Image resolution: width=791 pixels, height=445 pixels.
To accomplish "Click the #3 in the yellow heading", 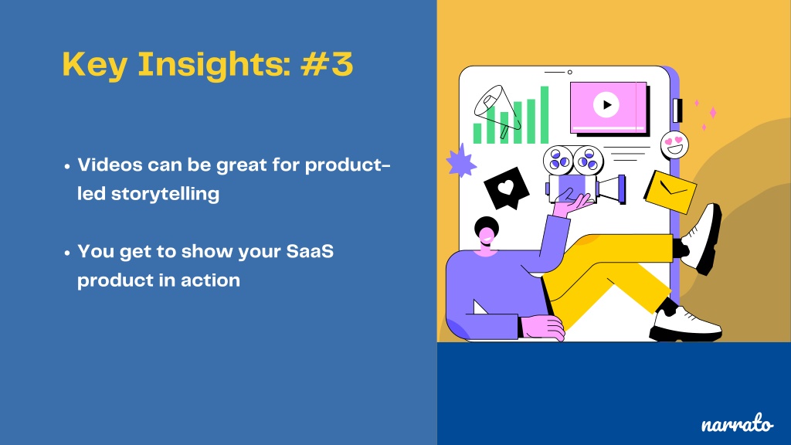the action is coord(327,64).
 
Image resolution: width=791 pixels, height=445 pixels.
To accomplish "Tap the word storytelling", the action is coord(165,194).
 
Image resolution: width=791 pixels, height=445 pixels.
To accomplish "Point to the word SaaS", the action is coord(310,251).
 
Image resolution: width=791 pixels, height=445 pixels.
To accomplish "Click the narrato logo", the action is coord(737,424).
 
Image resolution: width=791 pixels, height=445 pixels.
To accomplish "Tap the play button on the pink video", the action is coord(606,105).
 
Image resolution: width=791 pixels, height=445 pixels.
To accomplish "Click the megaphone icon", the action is coord(497,110).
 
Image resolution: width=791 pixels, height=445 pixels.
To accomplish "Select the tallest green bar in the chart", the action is coord(545,115).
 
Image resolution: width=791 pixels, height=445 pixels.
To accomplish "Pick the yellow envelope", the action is coord(670,192).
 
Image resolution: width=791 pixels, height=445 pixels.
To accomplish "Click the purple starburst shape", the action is coord(460,161).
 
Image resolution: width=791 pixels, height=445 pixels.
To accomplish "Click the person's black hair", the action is coord(485,226).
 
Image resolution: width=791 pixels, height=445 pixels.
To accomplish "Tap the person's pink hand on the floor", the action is coord(542,328).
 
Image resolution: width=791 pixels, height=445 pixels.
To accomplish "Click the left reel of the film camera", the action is coord(558,160).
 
